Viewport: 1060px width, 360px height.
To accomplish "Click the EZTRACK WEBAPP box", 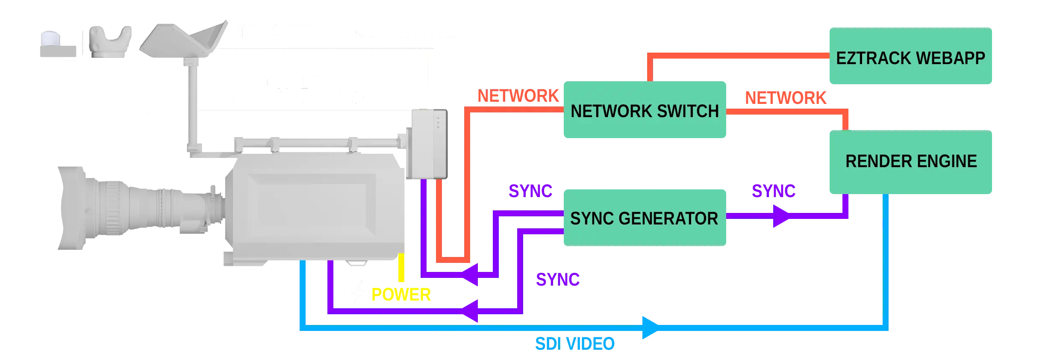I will click(x=910, y=56).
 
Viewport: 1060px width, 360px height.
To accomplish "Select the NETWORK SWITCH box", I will click(x=645, y=110).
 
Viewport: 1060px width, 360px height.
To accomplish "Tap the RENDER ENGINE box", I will click(x=910, y=162).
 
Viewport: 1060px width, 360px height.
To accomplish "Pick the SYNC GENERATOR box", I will click(x=645, y=218).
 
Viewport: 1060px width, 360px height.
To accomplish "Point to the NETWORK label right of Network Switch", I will click(x=786, y=98).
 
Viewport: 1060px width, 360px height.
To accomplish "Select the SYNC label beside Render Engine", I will click(x=774, y=190).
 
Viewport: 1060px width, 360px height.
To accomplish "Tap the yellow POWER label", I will click(x=401, y=295).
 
